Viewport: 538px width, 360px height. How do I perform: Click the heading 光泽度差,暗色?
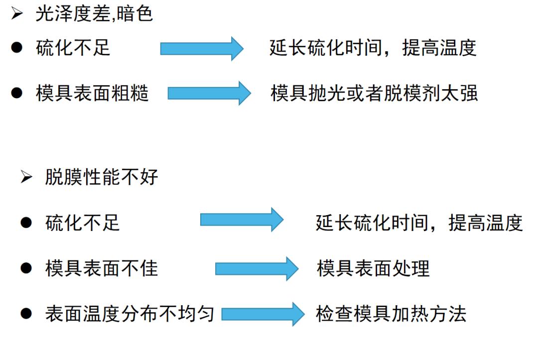[x=94, y=14]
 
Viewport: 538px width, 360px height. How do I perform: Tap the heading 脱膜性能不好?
[x=102, y=177]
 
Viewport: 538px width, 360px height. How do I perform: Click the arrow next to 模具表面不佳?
[x=257, y=269]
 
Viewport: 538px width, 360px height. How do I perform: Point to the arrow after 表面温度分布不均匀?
[x=263, y=314]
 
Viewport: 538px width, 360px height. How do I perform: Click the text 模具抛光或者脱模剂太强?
[x=374, y=93]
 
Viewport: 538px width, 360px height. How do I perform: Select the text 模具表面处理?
[x=373, y=269]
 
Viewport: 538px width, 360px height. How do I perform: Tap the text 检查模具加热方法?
[x=391, y=314]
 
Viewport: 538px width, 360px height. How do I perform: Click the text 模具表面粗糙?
[x=93, y=93]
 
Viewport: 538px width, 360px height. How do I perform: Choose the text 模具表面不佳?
[x=102, y=269]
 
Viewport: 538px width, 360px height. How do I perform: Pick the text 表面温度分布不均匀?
[x=130, y=314]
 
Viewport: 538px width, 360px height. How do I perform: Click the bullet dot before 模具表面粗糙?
[x=17, y=93]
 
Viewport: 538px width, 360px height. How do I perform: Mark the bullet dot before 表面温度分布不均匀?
[x=26, y=314]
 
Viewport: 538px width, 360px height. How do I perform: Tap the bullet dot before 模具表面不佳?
[x=26, y=269]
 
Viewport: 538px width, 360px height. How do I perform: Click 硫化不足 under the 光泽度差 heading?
[x=73, y=48]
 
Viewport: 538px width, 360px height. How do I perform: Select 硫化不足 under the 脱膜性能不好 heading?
[x=83, y=223]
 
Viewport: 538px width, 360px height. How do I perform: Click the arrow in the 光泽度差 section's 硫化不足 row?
[x=202, y=48]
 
